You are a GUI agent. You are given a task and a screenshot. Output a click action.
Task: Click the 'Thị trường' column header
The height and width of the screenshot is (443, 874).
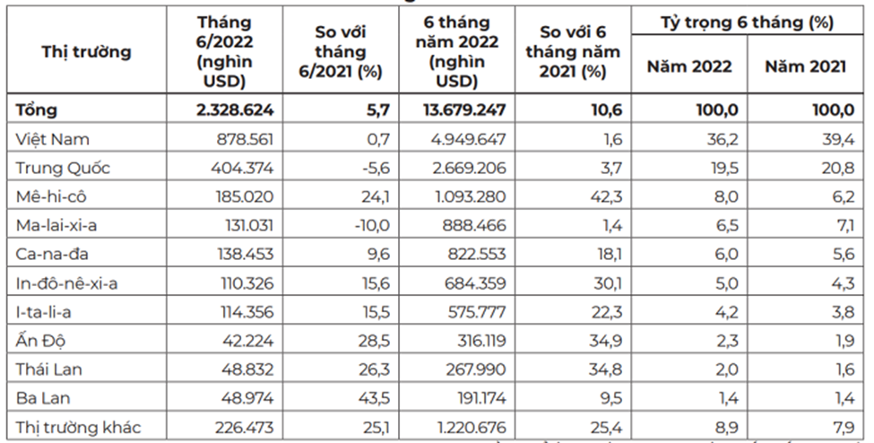coord(87,51)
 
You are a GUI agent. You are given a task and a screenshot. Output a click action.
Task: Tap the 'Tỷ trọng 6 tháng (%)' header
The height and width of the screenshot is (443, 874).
coord(752,20)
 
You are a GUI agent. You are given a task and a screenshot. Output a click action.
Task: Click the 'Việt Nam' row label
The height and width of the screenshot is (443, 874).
coord(53,139)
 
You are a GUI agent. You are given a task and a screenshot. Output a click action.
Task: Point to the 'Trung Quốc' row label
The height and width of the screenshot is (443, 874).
coord(63,168)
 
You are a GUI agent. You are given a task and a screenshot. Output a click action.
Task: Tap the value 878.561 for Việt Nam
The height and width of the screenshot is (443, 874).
coord(244,139)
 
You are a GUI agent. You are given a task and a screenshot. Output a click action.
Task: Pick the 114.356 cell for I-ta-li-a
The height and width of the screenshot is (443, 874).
coord(244,311)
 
